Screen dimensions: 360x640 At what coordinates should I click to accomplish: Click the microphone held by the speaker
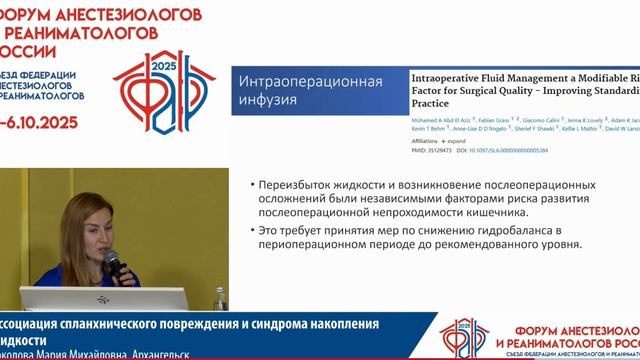[x=114, y=261]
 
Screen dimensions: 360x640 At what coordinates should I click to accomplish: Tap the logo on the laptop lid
[x=102, y=299]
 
